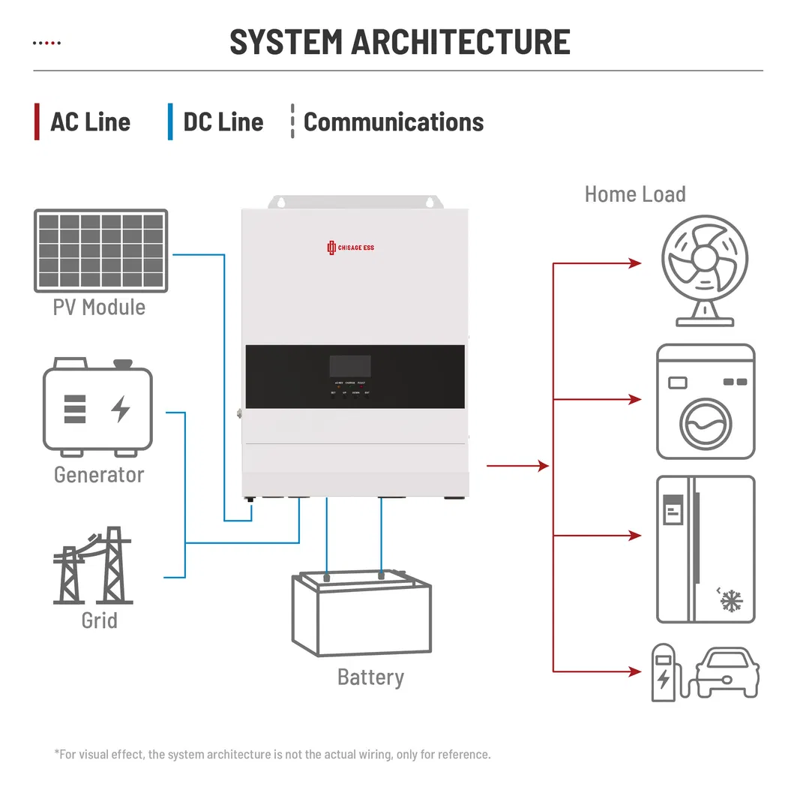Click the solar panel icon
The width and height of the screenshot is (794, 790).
click(100, 251)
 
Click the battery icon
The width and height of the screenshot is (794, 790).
click(362, 614)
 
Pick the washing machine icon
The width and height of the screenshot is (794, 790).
click(705, 401)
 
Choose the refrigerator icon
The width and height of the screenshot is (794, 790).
click(705, 549)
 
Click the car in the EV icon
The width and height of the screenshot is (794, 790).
click(726, 674)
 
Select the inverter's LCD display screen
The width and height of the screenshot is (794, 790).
click(350, 366)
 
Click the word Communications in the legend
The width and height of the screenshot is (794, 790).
click(393, 122)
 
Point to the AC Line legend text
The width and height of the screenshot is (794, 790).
click(90, 122)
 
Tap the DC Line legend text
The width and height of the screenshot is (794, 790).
click(223, 122)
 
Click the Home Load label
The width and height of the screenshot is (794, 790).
click(634, 194)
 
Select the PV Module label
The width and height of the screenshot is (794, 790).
click(99, 307)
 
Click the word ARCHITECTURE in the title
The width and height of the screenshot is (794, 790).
click(461, 42)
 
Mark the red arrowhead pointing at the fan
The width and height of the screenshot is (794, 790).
click(635, 263)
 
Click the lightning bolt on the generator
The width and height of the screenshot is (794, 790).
click(120, 408)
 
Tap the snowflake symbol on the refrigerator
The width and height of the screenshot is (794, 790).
click(730, 600)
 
